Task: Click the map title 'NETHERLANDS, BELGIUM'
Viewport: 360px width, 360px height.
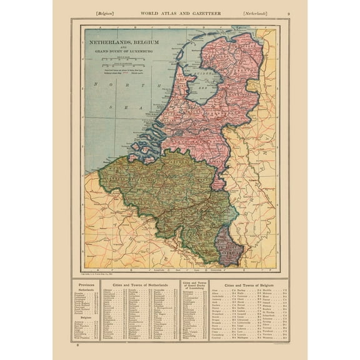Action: click(123, 42)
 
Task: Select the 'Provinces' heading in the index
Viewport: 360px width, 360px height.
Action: click(85, 285)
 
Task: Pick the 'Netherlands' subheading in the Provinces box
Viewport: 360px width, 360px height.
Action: click(85, 290)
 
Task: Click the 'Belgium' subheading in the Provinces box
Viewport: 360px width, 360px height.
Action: click(85, 317)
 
